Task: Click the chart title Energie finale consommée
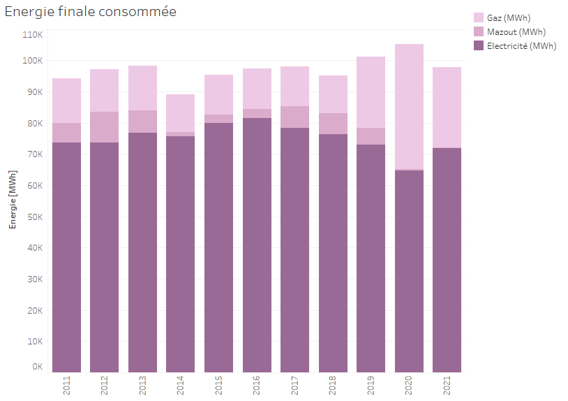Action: (x=90, y=12)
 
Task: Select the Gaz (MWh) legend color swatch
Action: (x=479, y=17)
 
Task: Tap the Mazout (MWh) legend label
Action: (x=516, y=31)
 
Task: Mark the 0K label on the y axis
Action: (x=37, y=366)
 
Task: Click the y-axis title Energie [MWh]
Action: (x=12, y=198)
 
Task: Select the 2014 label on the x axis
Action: (x=181, y=386)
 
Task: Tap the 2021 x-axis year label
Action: (x=447, y=386)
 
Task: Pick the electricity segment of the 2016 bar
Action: (x=257, y=245)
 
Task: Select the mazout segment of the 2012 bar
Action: (x=104, y=127)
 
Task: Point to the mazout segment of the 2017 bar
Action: (x=294, y=117)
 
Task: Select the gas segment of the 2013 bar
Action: (x=142, y=88)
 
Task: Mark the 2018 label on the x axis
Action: (x=333, y=386)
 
